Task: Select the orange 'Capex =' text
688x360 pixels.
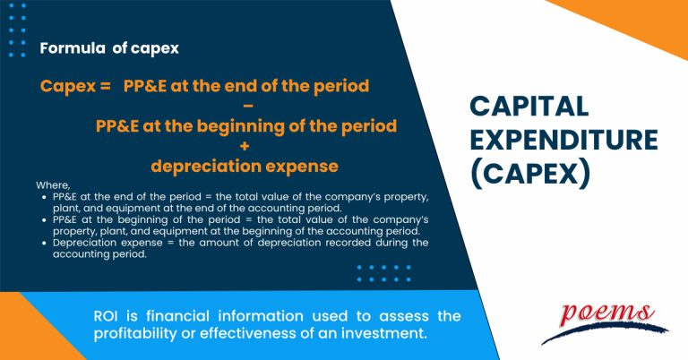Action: point(75,86)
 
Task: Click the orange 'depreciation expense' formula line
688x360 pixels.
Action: point(245,166)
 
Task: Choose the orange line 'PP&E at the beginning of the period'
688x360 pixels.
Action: point(246,126)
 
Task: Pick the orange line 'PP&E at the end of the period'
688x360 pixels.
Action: point(246,86)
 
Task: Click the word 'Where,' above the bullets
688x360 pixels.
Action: point(52,185)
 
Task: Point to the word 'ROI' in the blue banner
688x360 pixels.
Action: point(107,316)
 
